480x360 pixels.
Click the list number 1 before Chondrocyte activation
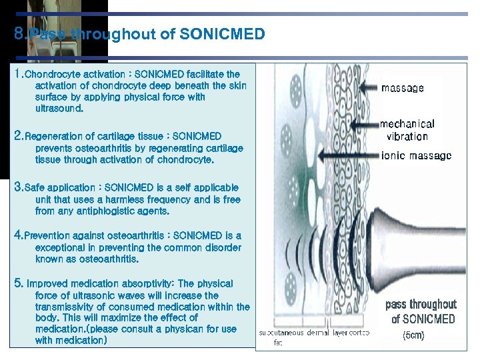18,74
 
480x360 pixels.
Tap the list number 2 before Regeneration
19,135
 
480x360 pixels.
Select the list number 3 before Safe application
19,187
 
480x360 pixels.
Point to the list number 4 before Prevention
19,235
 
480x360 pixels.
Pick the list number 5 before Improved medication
19,283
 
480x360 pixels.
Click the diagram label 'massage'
402,88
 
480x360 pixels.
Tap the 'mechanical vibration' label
407,130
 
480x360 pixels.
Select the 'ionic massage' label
415,156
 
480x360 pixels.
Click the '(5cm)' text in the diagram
413,335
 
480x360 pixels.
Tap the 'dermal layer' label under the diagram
327,333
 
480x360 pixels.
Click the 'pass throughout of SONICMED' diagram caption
421,311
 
